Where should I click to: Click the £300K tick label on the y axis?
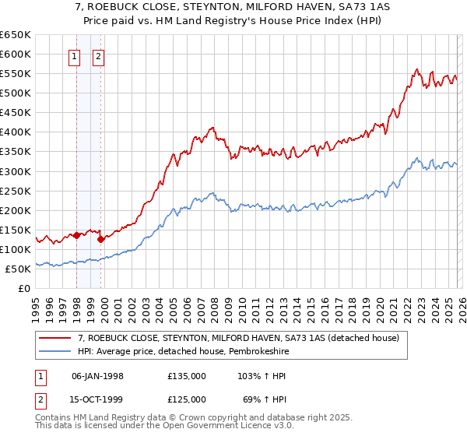point(16,171)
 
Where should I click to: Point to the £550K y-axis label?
point(16,74)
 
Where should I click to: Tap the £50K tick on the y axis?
point(19,269)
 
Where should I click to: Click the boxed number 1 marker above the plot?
point(75,55)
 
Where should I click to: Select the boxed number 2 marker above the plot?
point(100,55)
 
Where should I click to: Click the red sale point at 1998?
point(76,235)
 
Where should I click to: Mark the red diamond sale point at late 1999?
point(101,239)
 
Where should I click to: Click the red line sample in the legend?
point(56,338)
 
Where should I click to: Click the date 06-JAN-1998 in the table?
point(97,376)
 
